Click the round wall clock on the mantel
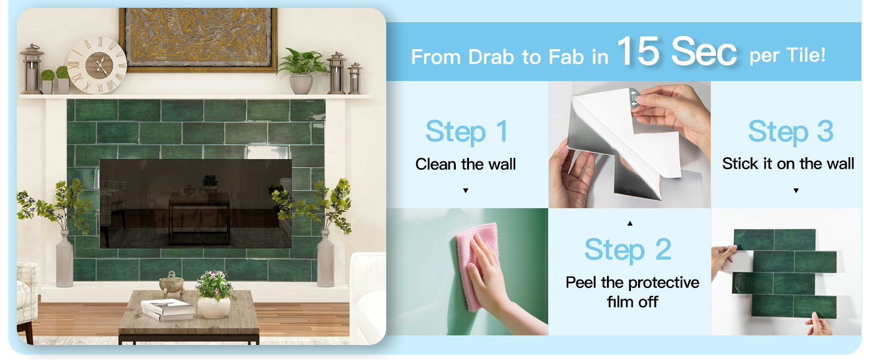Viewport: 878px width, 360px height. pos(97,65)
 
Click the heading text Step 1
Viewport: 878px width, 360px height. pos(467,132)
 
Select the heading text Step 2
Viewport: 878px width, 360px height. pos(628,250)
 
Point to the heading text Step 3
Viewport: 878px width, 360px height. pos(790,132)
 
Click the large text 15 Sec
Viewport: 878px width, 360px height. pos(677,52)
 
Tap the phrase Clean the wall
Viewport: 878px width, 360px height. pos(465,164)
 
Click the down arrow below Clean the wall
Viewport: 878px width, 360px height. pos(465,191)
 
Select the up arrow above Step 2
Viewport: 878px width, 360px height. pos(630,223)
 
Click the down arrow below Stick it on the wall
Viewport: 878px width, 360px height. pos(796,191)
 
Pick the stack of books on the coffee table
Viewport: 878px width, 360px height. pos(168,310)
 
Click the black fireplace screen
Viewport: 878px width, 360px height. pos(195,203)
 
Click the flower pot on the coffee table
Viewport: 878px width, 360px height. pos(214,307)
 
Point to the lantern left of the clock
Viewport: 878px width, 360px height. pos(32,69)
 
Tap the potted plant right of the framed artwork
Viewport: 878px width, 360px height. pos(301,71)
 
